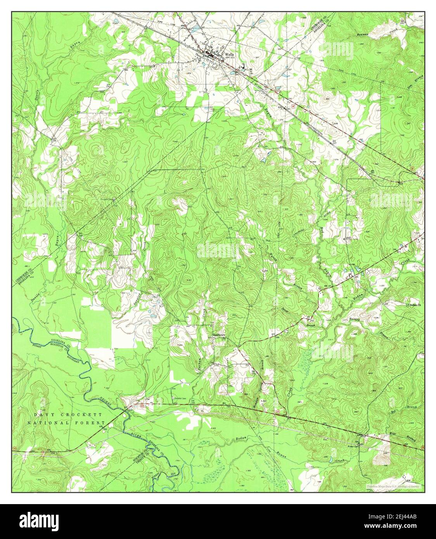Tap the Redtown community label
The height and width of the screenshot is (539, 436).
(x=219, y=335)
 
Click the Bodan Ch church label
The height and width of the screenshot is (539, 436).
(x=413, y=305)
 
